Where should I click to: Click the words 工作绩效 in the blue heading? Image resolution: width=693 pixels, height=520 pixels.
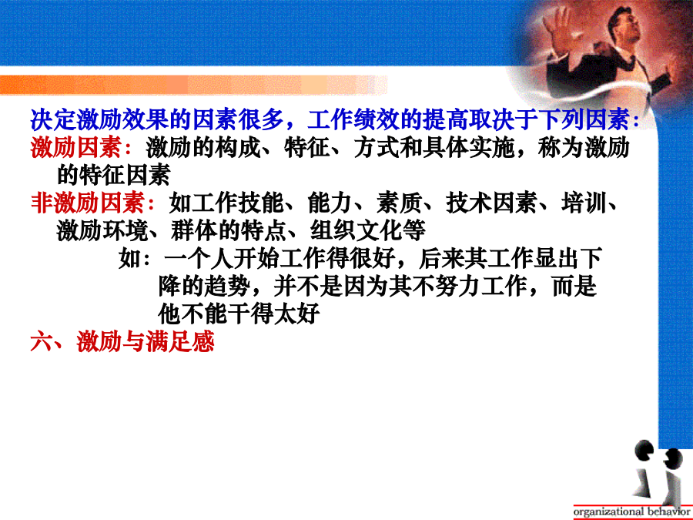[353, 119]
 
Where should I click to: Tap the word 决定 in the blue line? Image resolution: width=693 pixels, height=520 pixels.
[53, 119]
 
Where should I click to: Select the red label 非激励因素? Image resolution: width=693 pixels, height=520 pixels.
[88, 203]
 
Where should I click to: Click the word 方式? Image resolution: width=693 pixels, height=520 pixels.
[377, 147]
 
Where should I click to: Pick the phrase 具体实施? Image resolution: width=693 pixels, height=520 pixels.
[469, 147]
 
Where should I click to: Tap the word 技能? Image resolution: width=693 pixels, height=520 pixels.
[261, 203]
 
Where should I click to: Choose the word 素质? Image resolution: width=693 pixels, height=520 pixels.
[400, 203]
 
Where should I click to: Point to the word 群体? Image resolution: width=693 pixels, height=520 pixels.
[193, 230]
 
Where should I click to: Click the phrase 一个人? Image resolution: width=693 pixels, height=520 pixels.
[199, 258]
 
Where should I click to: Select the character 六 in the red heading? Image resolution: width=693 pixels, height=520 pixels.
[42, 341]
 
